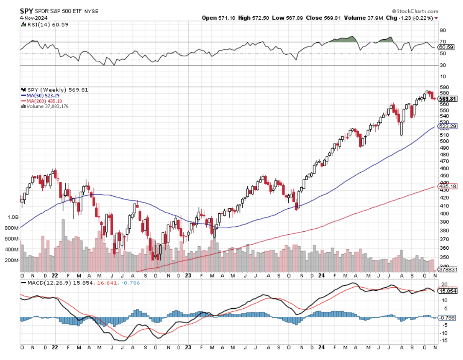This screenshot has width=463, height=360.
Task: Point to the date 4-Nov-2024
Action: [x=34, y=18]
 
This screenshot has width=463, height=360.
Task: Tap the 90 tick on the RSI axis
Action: [x=443, y=30]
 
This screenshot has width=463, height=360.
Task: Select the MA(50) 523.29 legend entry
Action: [x=43, y=95]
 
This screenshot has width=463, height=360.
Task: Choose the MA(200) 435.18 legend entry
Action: [x=44, y=101]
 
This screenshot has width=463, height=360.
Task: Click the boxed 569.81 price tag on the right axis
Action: [x=448, y=99]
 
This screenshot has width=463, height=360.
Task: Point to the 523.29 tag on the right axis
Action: [x=448, y=127]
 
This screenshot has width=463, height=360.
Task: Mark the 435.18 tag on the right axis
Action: [x=448, y=186]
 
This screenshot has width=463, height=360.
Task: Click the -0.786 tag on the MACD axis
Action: [x=448, y=318]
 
